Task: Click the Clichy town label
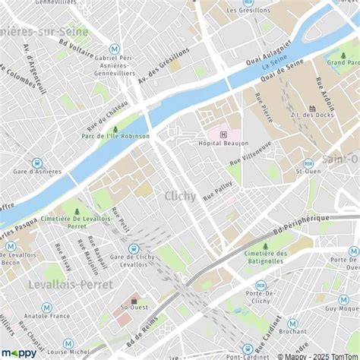pyautogui.click(x=179, y=196)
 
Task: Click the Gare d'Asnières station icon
pyautogui.click(x=36, y=163)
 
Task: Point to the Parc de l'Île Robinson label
pyautogui.click(x=114, y=137)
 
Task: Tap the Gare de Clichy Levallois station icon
pyautogui.click(x=134, y=248)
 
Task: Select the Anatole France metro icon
pyautogui.click(x=46, y=308)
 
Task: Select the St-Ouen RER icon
pyautogui.click(x=308, y=163)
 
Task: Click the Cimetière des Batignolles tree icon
pyautogui.click(x=265, y=246)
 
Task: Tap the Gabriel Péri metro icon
pyautogui.click(x=115, y=48)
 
